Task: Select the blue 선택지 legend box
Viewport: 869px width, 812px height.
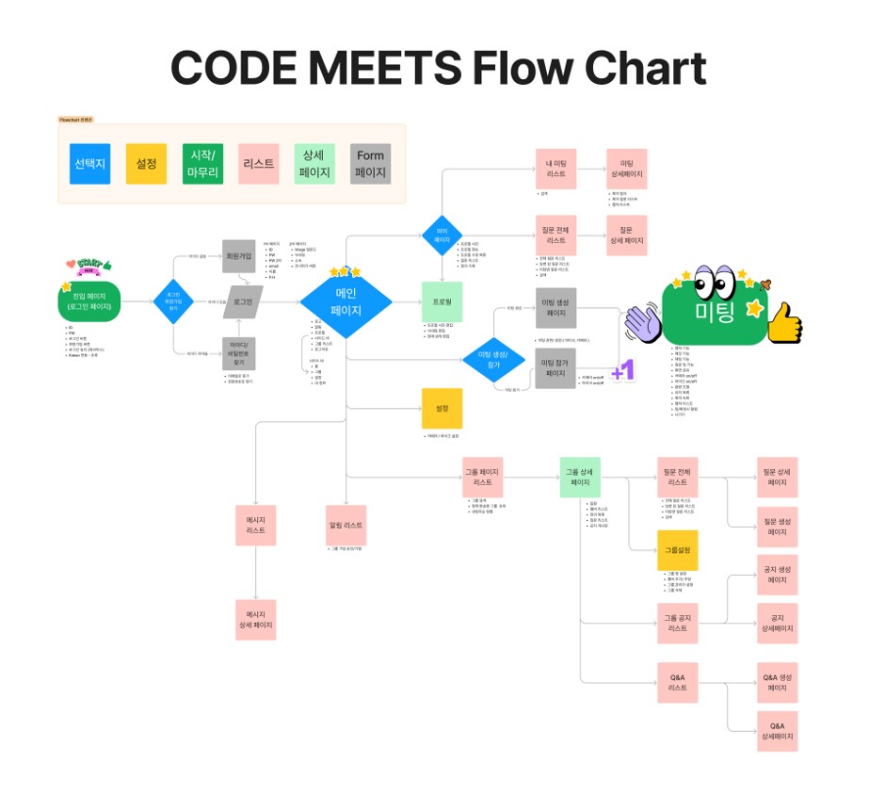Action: [x=89, y=164]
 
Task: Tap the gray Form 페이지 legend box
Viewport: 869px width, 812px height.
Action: [x=370, y=164]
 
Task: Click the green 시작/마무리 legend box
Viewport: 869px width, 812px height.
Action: [x=202, y=164]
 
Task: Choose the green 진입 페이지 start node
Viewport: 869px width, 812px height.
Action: [x=85, y=301]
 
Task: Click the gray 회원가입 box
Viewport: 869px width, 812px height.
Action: [x=238, y=254]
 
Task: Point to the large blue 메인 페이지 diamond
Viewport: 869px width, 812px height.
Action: [x=345, y=301]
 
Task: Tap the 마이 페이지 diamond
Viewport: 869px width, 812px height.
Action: [x=442, y=235]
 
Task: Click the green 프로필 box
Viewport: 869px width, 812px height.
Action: [x=442, y=301]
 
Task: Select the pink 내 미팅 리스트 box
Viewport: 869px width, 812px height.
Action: [x=555, y=169]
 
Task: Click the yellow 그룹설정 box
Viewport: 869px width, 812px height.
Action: [x=678, y=550]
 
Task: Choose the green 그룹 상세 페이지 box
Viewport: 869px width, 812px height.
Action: [x=580, y=477]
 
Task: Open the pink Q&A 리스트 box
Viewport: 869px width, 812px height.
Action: [x=678, y=682]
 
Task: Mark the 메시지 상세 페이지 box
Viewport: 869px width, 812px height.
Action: [x=256, y=619]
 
